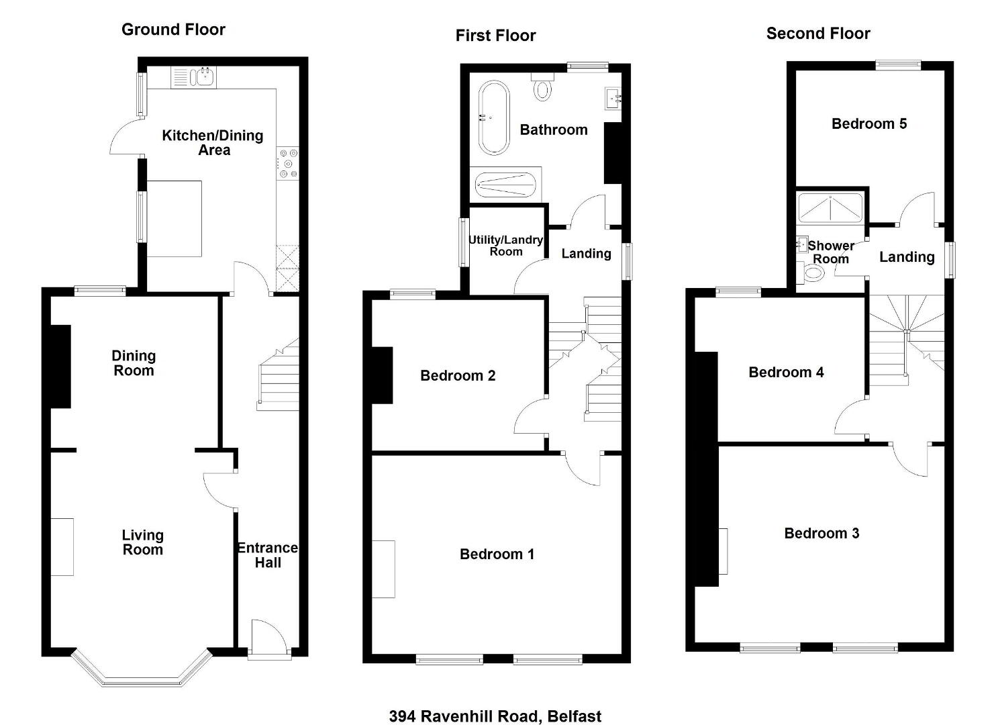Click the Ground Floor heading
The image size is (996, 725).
(173, 30)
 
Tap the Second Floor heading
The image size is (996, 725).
(818, 34)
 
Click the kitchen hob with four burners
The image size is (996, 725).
(288, 163)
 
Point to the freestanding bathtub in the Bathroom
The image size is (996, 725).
(493, 118)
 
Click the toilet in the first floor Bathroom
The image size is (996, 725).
(542, 86)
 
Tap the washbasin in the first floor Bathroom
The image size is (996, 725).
(613, 98)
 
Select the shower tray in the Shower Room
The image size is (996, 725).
(830, 207)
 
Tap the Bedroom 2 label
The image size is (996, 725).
(458, 376)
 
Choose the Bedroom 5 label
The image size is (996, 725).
(869, 124)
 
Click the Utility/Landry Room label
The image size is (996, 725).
(506, 246)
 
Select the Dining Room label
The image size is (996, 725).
(134, 363)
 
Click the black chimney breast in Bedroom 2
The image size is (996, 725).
(382, 375)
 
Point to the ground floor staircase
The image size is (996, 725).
(279, 375)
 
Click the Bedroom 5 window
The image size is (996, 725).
(899, 65)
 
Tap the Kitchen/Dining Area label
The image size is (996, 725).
(213, 143)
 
